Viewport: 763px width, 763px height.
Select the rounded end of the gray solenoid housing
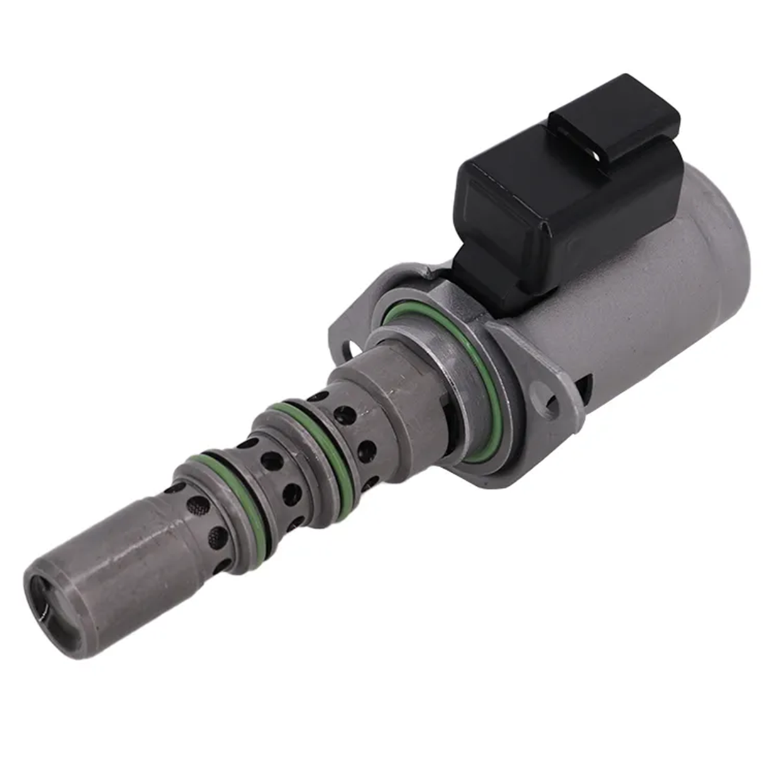pos(723,251)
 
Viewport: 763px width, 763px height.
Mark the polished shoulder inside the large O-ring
pos(440,352)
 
